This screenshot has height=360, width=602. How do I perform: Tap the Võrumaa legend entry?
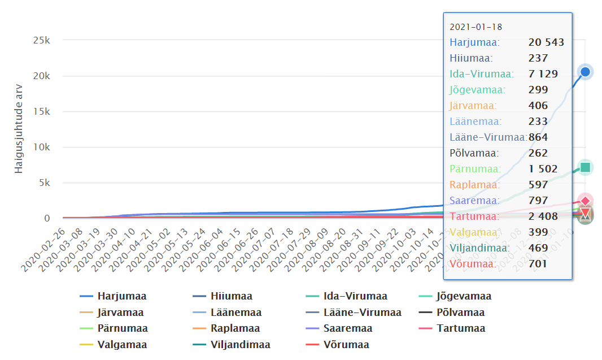click(x=346, y=345)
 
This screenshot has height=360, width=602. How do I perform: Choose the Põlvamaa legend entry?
click(x=460, y=313)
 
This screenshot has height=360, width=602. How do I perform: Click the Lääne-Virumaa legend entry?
click(x=363, y=313)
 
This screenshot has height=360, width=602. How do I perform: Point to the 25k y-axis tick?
click(x=40, y=40)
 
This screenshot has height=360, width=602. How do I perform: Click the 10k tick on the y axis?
click(x=40, y=147)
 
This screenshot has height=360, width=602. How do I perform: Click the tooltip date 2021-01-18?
click(x=476, y=27)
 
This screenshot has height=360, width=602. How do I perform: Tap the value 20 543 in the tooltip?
click(x=546, y=42)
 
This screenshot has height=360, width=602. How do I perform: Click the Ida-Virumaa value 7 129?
click(x=543, y=74)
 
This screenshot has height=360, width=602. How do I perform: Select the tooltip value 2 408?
click(x=543, y=216)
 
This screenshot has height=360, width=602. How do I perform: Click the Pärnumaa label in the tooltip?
click(x=475, y=169)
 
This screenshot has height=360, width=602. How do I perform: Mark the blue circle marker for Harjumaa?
click(x=586, y=72)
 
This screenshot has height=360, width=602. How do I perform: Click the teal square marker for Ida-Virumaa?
click(x=586, y=167)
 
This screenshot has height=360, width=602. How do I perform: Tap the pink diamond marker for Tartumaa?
click(x=586, y=201)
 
